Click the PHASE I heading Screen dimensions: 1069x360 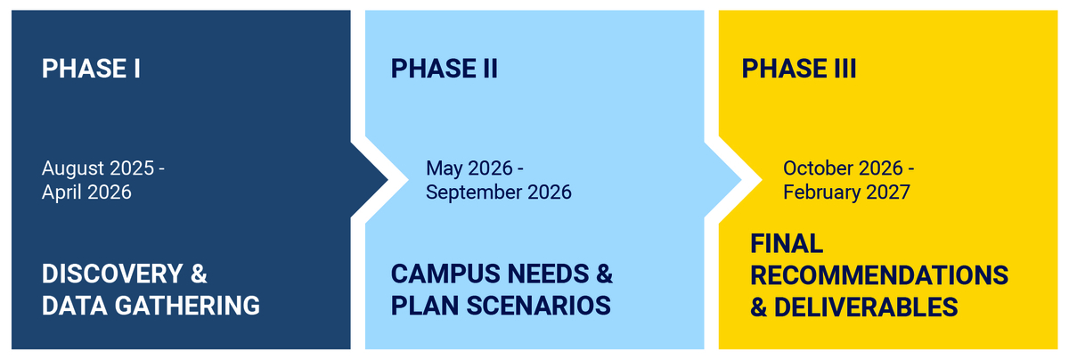(x=91, y=69)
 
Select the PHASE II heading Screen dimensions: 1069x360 (x=445, y=69)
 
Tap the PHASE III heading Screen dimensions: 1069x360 (x=799, y=69)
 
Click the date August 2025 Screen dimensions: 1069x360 (x=98, y=168)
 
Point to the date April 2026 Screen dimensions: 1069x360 (x=86, y=192)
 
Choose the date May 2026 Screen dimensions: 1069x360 (x=469, y=168)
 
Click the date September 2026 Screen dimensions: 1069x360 (x=499, y=192)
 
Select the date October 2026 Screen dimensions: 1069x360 (x=843, y=168)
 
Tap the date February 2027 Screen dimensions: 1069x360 (x=846, y=192)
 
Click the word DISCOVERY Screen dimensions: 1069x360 (x=112, y=274)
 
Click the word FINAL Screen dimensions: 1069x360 (x=787, y=243)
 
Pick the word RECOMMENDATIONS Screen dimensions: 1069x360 (x=879, y=275)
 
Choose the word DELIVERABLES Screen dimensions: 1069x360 (x=866, y=307)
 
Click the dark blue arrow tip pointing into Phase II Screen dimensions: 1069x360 (x=388, y=180)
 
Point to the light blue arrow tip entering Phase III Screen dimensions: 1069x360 (x=740, y=180)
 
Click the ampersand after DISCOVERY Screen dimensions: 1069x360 (x=199, y=274)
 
